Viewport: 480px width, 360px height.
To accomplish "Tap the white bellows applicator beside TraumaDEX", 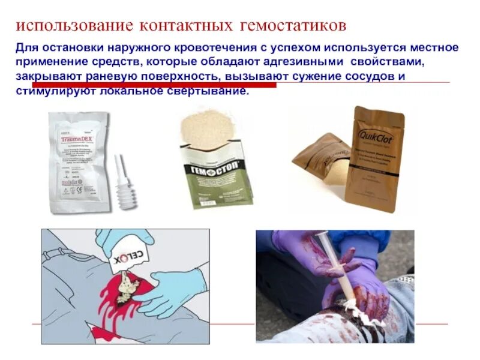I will (127, 186).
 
